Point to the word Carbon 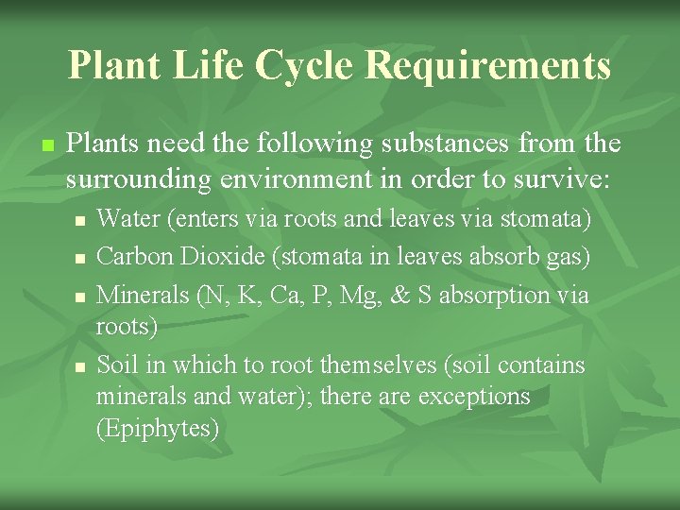130,256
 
